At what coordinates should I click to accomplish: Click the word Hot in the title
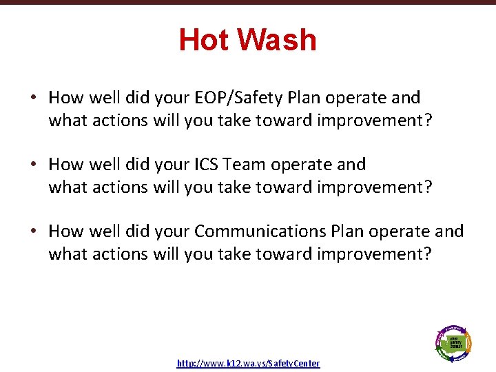click(205, 40)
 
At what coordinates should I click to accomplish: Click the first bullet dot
click(33, 98)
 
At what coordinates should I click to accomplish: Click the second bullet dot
click(33, 165)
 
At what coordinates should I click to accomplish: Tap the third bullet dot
click(33, 231)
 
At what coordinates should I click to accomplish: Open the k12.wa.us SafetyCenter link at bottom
click(248, 363)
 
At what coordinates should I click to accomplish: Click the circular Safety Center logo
click(453, 342)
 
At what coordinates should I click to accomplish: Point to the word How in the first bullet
click(65, 98)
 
